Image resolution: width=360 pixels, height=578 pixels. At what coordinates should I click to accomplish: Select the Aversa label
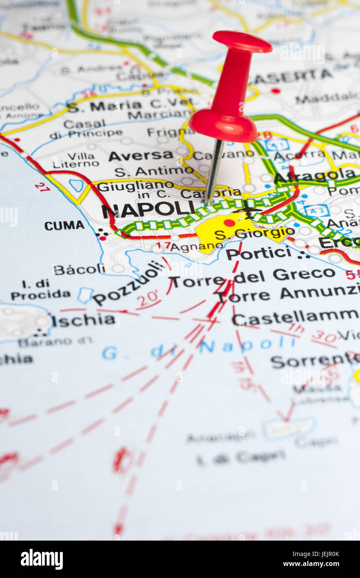pos(141,156)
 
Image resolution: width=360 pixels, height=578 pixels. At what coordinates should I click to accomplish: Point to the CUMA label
pos(64,225)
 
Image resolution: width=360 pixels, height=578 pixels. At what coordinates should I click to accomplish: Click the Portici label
pos(259,253)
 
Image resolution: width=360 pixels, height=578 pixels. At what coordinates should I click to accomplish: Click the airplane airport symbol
pos(248,209)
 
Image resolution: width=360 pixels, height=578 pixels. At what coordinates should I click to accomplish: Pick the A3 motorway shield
pos(316,211)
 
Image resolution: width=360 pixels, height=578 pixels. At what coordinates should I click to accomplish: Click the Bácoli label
pos(79,269)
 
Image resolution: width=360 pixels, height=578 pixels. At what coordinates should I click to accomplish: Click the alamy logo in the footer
pos(42,559)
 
